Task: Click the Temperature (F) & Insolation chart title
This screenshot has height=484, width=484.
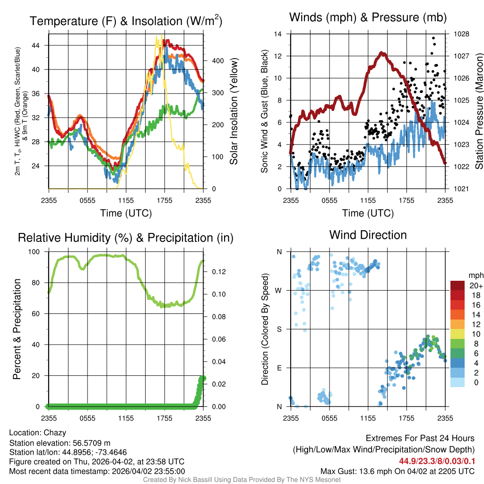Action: pyautogui.click(x=126, y=21)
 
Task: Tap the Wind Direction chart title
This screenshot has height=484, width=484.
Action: pyautogui.click(x=368, y=235)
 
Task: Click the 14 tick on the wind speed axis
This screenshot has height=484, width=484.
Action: pyautogui.click(x=278, y=34)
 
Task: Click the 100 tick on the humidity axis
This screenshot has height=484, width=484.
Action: pyautogui.click(x=35, y=252)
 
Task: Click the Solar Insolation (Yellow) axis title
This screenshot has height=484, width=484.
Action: pyautogui.click(x=233, y=112)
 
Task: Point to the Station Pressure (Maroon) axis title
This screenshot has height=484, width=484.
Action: pyautogui.click(x=478, y=112)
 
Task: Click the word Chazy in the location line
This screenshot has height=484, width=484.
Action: pyautogui.click(x=55, y=432)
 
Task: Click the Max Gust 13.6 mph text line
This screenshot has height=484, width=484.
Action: pyautogui.click(x=398, y=471)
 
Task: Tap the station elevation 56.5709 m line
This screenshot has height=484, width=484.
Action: pyautogui.click(x=60, y=442)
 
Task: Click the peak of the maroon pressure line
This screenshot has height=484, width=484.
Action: pyautogui.click(x=382, y=53)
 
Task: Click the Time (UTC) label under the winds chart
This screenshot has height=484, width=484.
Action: pyautogui.click(x=368, y=213)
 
